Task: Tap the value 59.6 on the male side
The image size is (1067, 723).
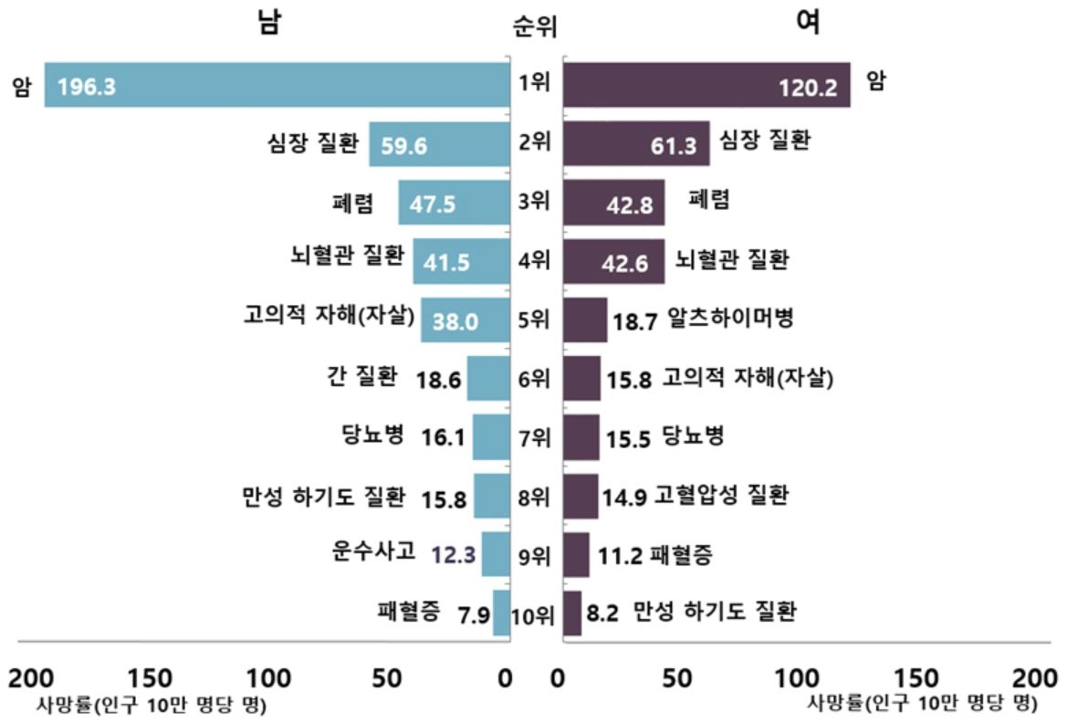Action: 404,146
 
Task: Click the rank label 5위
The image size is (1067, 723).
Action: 533,320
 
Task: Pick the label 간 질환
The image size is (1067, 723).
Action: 361,376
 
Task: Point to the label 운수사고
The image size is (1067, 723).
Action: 374,551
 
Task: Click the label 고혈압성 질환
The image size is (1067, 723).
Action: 721,495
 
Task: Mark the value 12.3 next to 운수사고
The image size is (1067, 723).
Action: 454,555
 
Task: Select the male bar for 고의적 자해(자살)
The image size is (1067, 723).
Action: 465,320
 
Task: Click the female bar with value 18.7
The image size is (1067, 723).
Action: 584,320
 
